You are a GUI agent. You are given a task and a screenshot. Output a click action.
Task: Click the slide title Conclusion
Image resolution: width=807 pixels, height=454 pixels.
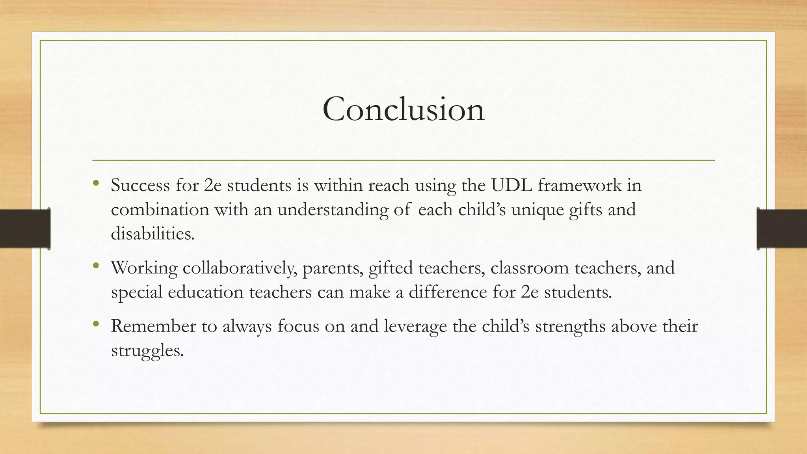[x=403, y=109]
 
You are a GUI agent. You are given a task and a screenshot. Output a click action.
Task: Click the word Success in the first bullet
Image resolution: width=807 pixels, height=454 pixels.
[x=140, y=185]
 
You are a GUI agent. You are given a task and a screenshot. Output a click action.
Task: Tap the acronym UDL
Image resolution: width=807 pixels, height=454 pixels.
[x=511, y=185]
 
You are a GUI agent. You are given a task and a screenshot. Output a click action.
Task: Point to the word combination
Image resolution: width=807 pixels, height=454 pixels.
[x=160, y=210]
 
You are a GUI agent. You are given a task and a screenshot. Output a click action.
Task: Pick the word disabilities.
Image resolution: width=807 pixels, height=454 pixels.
[x=152, y=234]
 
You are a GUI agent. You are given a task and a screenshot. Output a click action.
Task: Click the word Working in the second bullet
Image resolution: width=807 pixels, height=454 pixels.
[x=144, y=268]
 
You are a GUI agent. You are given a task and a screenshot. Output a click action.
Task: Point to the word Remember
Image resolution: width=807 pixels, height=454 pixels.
[x=153, y=326]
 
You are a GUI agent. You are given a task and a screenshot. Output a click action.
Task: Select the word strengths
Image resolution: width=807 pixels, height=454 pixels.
[x=570, y=326]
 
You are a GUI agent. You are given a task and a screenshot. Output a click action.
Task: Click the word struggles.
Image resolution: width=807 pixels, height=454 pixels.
[x=147, y=350]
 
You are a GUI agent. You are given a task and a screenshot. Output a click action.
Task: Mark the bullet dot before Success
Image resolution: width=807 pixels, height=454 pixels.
[x=96, y=182]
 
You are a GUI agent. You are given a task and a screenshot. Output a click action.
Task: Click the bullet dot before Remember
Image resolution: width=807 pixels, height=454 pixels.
[x=96, y=324]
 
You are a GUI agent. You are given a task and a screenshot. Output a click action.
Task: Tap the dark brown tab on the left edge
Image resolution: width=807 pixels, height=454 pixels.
[x=25, y=229]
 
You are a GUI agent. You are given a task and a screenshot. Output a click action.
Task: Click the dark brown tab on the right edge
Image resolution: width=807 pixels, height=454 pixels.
[x=782, y=229]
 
